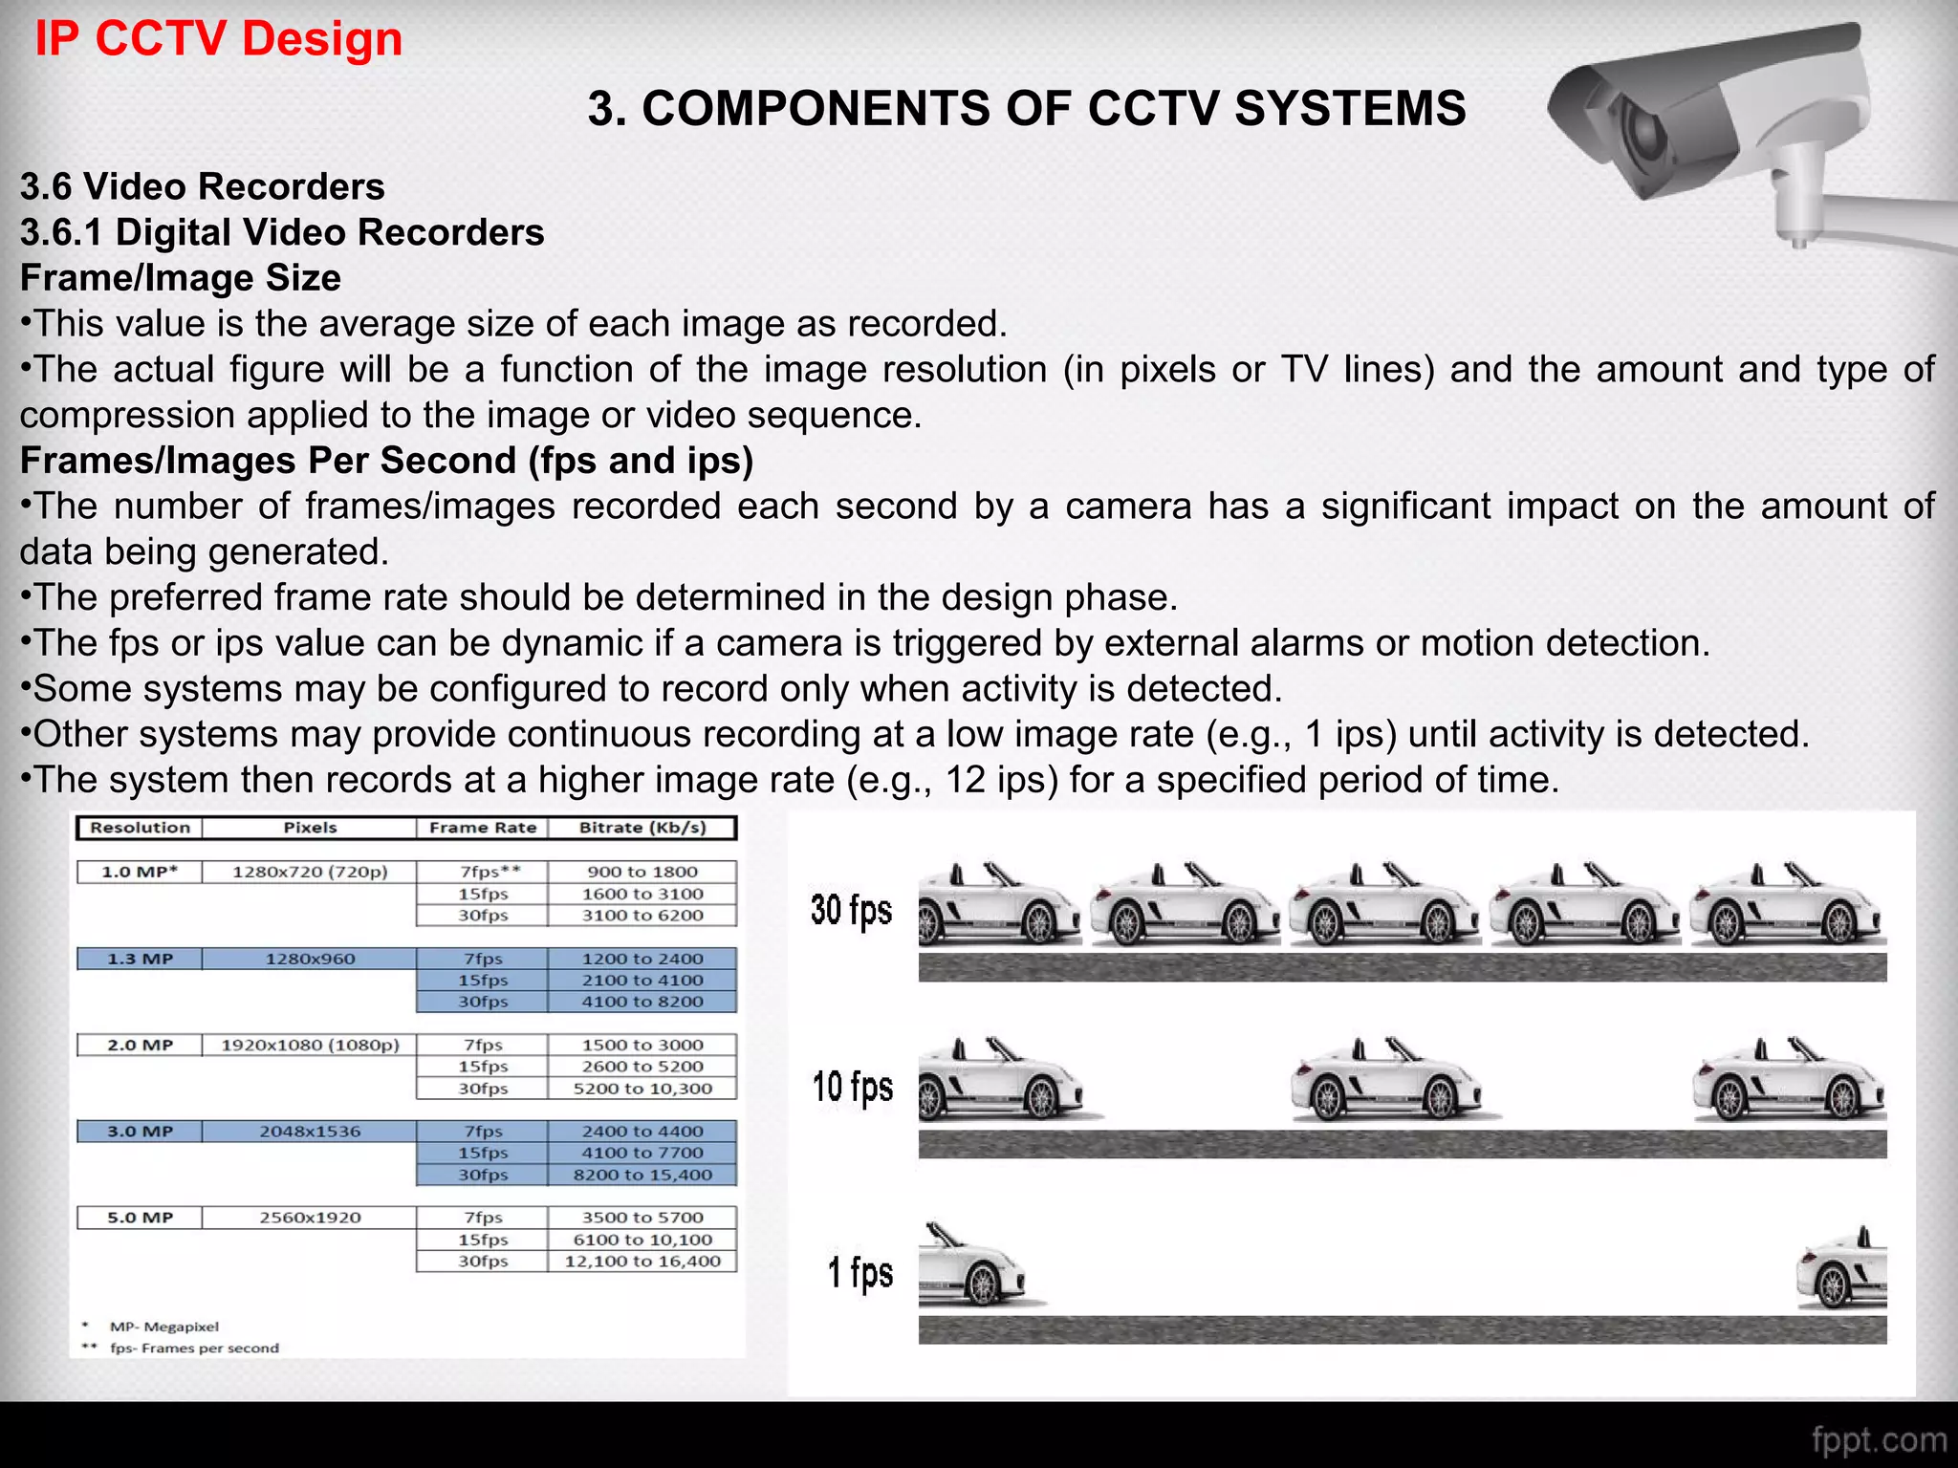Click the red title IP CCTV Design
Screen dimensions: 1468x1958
(x=219, y=39)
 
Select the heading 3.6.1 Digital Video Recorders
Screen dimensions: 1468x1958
(x=282, y=232)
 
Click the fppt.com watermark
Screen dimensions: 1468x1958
(x=1878, y=1439)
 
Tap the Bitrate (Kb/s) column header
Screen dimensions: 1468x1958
(x=642, y=828)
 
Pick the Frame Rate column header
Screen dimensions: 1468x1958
(x=482, y=828)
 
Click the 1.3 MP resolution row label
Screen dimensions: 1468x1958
(x=140, y=959)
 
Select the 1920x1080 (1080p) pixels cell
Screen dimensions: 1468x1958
(x=310, y=1045)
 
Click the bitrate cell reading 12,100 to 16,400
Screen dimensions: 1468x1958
(x=642, y=1262)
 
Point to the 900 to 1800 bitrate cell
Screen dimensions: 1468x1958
(x=642, y=872)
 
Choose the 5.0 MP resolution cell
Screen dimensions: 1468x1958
(x=140, y=1218)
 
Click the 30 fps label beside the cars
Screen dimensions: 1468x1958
(x=851, y=910)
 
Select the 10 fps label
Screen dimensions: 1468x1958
(x=852, y=1088)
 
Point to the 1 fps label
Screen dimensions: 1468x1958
(x=859, y=1273)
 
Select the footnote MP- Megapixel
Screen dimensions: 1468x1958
(x=163, y=1327)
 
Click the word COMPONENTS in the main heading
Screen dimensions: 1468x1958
(x=812, y=108)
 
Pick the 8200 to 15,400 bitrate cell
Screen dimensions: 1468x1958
(x=642, y=1175)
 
